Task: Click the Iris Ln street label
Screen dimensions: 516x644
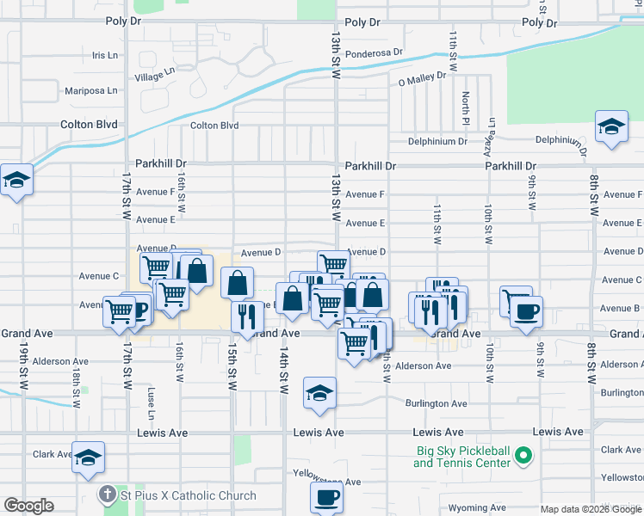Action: pyautogui.click(x=104, y=55)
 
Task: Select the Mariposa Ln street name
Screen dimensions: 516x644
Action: pyautogui.click(x=90, y=90)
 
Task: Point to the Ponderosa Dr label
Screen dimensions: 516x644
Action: pyautogui.click(x=374, y=52)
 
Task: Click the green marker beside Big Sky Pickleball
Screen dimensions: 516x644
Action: pyautogui.click(x=523, y=456)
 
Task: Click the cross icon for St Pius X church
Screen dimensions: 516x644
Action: pyautogui.click(x=107, y=494)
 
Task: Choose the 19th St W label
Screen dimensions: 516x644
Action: pyautogui.click(x=23, y=365)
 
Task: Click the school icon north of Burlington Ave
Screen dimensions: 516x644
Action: pyautogui.click(x=319, y=393)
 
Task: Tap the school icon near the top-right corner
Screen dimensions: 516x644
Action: pyautogui.click(x=610, y=126)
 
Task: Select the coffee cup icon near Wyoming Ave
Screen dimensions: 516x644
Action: pyautogui.click(x=326, y=496)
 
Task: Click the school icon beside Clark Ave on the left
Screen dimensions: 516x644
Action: pyautogui.click(x=88, y=458)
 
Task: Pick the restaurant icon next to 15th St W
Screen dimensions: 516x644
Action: pyautogui.click(x=246, y=316)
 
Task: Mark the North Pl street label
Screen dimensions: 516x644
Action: pyautogui.click(x=465, y=107)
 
